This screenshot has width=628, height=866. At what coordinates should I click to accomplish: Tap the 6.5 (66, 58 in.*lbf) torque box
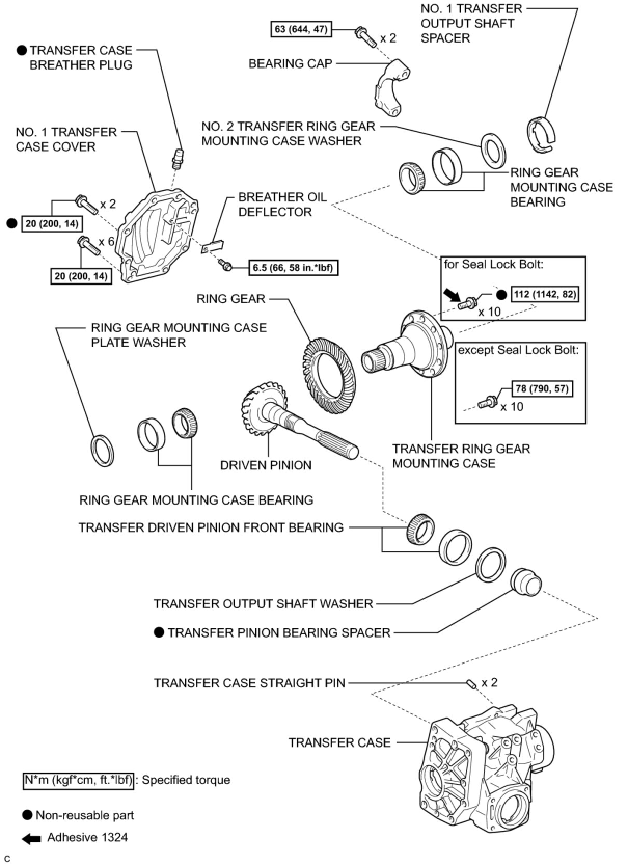293,267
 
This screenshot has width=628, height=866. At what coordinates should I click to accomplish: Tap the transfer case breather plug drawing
177,158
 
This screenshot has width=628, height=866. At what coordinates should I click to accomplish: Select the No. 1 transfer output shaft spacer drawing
541,134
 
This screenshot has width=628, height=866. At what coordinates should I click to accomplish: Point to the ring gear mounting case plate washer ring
102,450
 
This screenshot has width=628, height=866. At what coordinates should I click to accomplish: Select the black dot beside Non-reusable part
27,816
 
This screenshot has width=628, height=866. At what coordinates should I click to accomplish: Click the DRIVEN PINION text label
266,465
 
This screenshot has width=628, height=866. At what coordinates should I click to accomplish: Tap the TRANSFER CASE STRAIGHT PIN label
249,683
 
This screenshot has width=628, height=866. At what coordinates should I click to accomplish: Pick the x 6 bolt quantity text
106,241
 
